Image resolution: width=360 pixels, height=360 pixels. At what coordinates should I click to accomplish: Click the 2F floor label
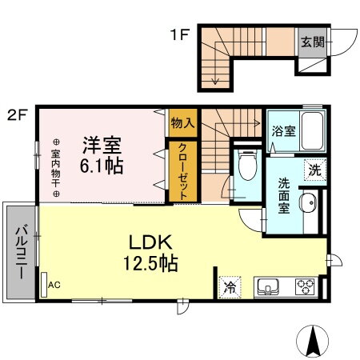(x=18, y=114)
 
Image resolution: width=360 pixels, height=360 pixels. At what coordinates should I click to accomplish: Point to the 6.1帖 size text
(x=101, y=168)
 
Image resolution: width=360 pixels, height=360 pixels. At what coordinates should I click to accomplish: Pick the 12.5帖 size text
(x=149, y=263)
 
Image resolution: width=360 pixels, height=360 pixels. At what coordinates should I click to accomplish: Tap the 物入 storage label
(x=182, y=123)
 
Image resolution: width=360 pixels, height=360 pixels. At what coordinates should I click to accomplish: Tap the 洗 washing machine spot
(x=316, y=170)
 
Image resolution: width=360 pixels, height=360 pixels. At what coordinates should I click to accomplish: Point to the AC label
(x=54, y=284)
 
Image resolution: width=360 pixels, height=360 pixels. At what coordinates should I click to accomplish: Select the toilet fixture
(x=246, y=169)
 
